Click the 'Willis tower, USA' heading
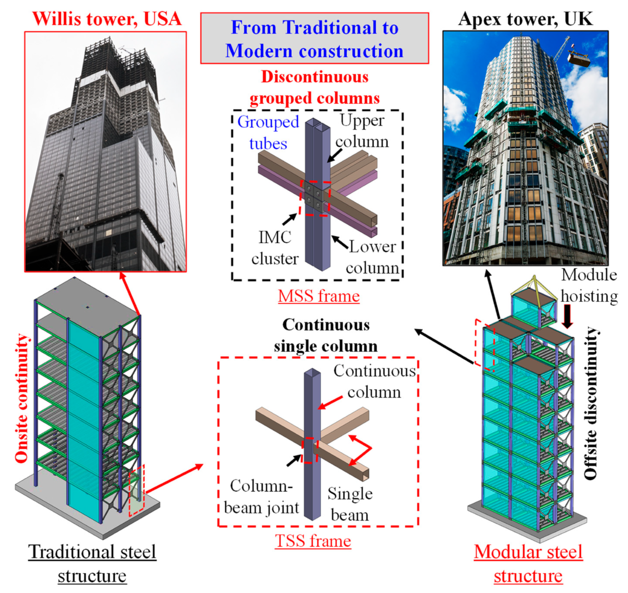tap(107, 19)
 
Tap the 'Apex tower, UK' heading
tap(525, 19)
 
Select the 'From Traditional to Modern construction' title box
tap(314, 38)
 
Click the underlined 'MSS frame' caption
tap(319, 296)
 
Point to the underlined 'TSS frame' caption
tap(313, 541)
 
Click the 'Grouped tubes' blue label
tap(268, 132)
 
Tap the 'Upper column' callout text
tap(362, 131)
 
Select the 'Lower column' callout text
tap(372, 257)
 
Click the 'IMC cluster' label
tap(275, 248)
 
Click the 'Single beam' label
tap(350, 504)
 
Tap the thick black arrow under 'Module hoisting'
tap(567, 316)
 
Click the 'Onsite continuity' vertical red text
tap(22, 398)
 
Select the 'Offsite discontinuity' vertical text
tap(591, 403)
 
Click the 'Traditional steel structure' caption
tap(92, 563)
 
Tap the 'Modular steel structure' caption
tap(528, 563)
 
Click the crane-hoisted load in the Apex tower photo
tap(578, 58)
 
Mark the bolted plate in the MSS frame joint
tap(315, 197)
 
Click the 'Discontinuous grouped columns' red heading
tap(315, 87)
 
